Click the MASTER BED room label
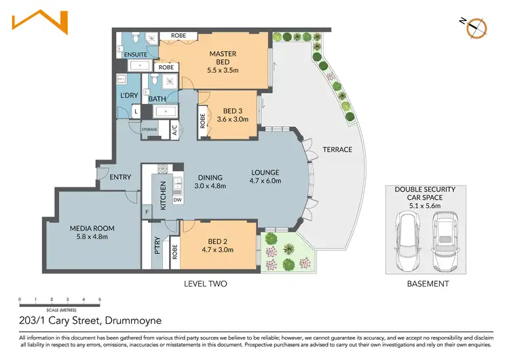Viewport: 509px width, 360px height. click(223, 58)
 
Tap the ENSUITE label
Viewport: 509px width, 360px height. click(136, 54)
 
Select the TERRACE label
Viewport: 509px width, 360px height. click(337, 149)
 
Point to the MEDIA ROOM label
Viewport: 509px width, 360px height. click(92, 228)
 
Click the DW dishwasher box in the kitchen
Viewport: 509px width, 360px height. click(178, 200)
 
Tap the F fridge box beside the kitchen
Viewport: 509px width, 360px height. click(147, 212)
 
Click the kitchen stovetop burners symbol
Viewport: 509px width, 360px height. click(163, 168)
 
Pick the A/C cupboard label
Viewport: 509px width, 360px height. click(174, 130)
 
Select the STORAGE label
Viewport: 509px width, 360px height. click(149, 129)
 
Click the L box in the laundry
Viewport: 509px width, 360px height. click(136, 112)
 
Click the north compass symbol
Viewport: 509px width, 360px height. click(476, 29)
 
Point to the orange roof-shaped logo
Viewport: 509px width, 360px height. click(40, 22)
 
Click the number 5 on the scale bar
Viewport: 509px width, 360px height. click(100, 300)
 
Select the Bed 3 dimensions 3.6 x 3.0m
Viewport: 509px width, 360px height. click(233, 120)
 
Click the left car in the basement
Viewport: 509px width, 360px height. click(407, 240)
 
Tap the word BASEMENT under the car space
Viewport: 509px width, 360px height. click(428, 284)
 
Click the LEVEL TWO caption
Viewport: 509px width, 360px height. click(206, 284)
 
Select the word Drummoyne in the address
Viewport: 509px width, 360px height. click(134, 321)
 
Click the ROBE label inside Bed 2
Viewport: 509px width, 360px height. click(175, 252)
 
